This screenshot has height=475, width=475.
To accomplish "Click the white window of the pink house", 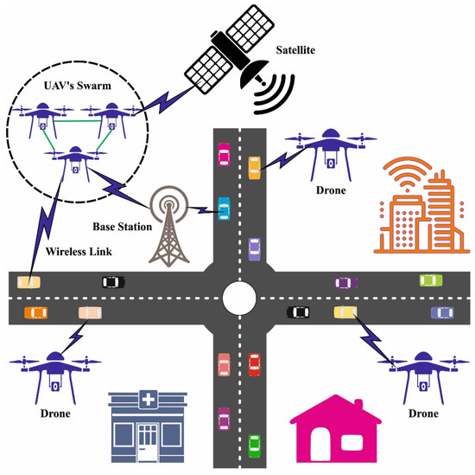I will pyautogui.click(x=352, y=443).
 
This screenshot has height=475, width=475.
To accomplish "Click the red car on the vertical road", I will pyautogui.click(x=254, y=364).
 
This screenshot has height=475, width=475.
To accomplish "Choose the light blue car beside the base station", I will pyautogui.click(x=225, y=209).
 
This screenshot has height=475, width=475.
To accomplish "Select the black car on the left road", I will pyautogui.click(x=112, y=281).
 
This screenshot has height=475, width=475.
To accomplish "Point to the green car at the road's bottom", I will pyautogui.click(x=254, y=445).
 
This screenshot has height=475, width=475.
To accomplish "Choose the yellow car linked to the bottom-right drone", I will pyautogui.click(x=345, y=311).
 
